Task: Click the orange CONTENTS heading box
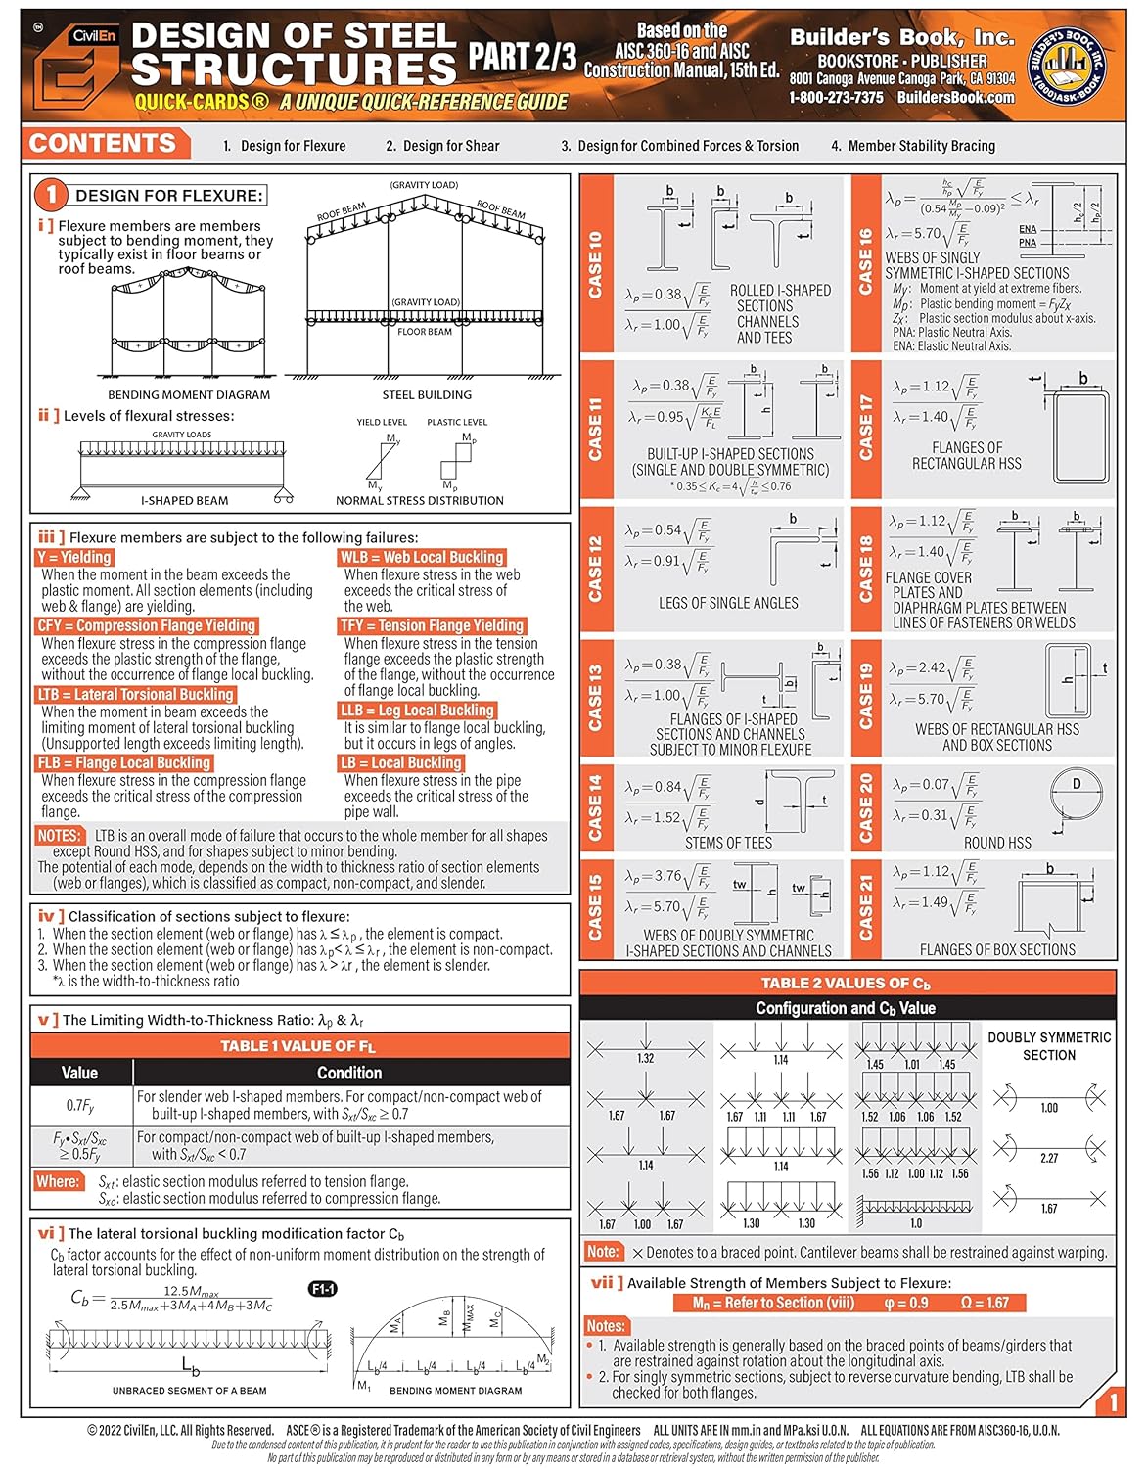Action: coord(104,144)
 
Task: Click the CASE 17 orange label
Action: coord(866,428)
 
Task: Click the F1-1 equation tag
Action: coord(323,1289)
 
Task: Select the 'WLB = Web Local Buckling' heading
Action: coord(421,557)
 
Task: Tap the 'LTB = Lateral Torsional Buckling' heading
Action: coord(136,694)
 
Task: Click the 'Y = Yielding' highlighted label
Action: coord(74,557)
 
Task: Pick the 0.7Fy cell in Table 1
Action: coord(80,1106)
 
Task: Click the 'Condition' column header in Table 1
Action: coord(349,1073)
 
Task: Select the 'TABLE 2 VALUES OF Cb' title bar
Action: coord(847,984)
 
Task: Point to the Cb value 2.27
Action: coord(1049,1158)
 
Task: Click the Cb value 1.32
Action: coord(646,1058)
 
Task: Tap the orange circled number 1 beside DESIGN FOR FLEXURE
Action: coord(52,195)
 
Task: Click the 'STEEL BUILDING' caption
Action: coord(427,394)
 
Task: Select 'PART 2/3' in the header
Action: coord(522,57)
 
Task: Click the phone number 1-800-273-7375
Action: coord(836,98)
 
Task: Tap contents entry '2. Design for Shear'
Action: coord(442,146)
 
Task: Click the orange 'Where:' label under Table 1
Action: coord(58,1181)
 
